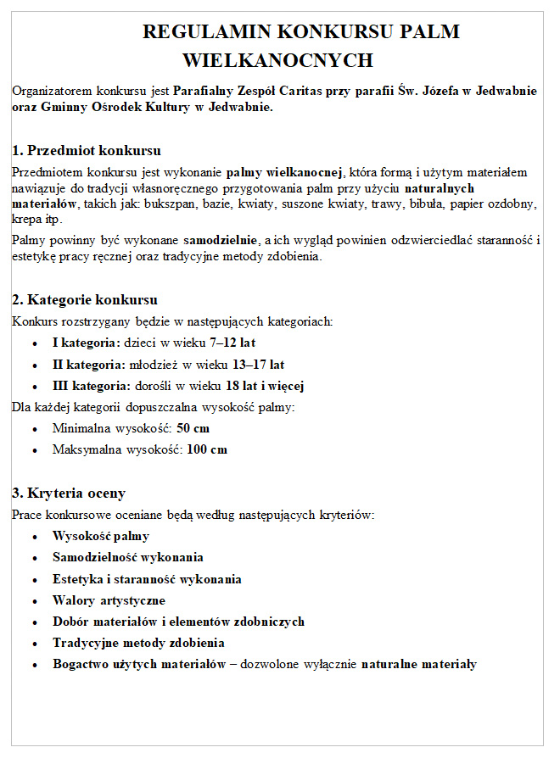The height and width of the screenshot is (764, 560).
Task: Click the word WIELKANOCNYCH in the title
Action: [277, 60]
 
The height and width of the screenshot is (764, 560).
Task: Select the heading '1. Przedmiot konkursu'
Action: [87, 151]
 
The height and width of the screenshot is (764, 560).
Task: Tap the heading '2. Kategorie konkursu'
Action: [85, 299]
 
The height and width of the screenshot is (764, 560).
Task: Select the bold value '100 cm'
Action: [207, 449]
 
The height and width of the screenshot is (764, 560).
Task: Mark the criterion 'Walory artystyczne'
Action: [109, 600]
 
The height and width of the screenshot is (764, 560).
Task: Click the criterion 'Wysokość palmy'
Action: [101, 536]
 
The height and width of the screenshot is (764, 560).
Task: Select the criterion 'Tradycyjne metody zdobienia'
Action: [138, 643]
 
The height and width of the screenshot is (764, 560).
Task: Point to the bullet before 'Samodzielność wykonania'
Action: [33, 558]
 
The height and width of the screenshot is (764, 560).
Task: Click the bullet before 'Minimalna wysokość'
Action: [33, 429]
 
